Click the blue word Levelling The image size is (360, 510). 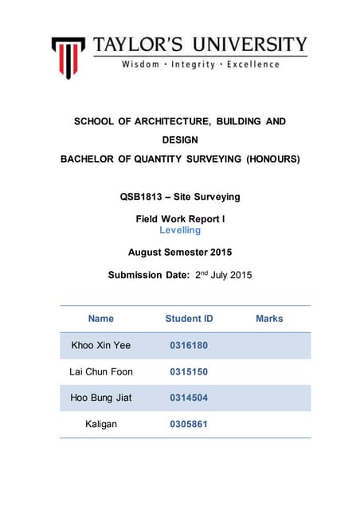tap(180, 230)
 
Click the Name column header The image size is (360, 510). tap(101, 319)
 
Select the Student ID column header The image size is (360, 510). tap(189, 319)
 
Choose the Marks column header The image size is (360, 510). tap(269, 319)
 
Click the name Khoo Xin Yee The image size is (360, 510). tap(101, 345)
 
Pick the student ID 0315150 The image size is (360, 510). tap(189, 371)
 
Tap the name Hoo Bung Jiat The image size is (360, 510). tap(101, 398)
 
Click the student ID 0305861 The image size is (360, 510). tap(189, 424)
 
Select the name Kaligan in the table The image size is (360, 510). tap(101, 424)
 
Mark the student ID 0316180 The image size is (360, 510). tap(189, 345)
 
